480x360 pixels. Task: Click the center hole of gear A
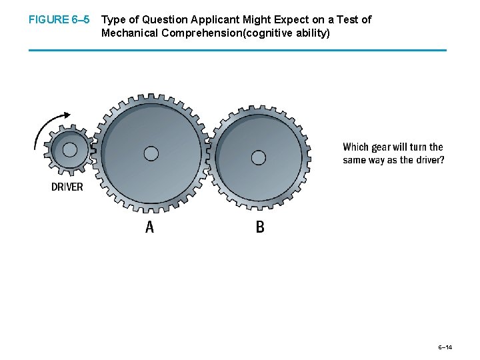pyautogui.click(x=151, y=154)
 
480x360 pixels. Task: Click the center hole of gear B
pyautogui.click(x=259, y=158)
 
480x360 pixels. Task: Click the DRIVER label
pyautogui.click(x=67, y=187)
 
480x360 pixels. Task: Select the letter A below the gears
pyautogui.click(x=149, y=227)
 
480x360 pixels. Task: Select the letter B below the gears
pyautogui.click(x=260, y=227)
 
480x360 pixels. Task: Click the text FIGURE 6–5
pyautogui.click(x=59, y=20)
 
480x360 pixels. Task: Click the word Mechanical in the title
pyautogui.click(x=129, y=33)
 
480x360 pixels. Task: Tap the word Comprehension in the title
pyautogui.click(x=196, y=33)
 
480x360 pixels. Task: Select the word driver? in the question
pyautogui.click(x=431, y=160)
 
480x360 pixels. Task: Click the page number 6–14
pyautogui.click(x=445, y=347)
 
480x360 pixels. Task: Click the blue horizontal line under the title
pyautogui.click(x=237, y=50)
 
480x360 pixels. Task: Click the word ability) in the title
pyautogui.click(x=311, y=33)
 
